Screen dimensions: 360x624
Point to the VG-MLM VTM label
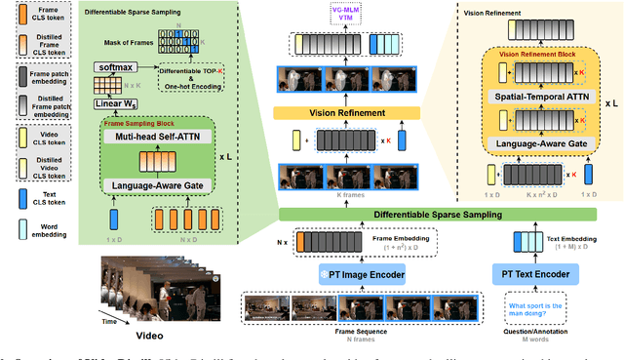pyautogui.click(x=345, y=13)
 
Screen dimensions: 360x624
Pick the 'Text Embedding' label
pyautogui.click(x=559, y=234)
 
